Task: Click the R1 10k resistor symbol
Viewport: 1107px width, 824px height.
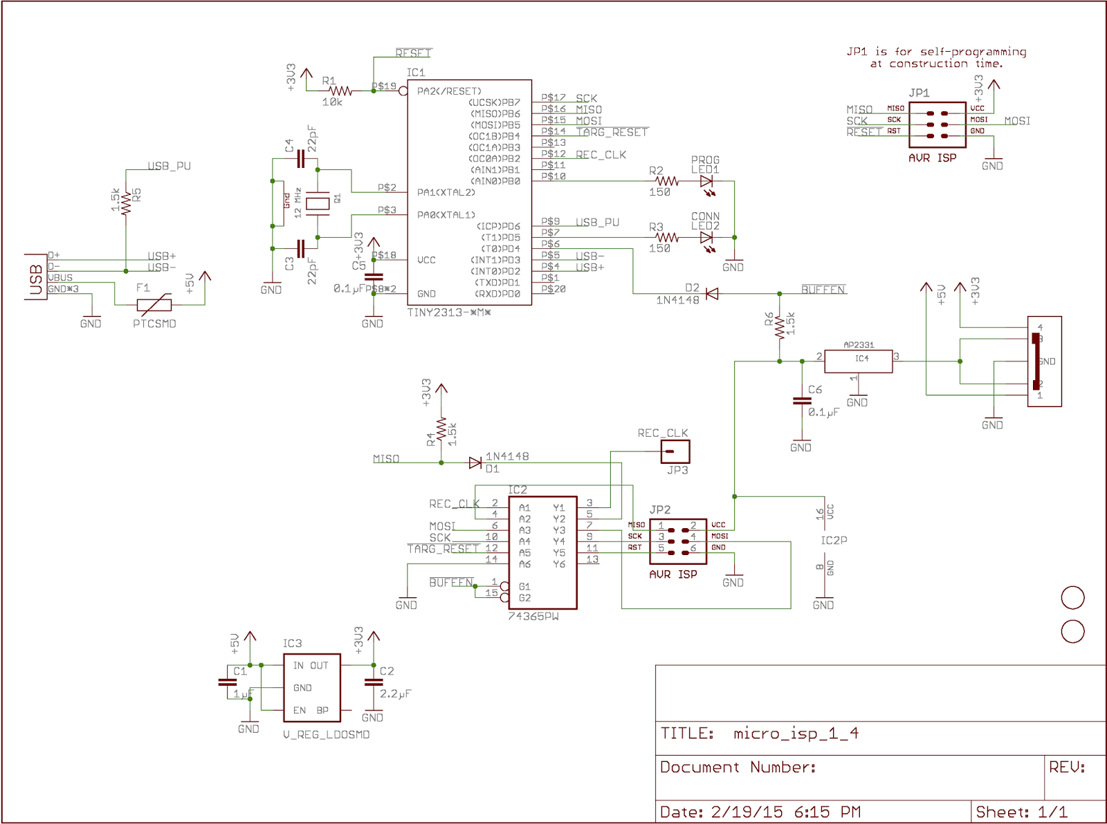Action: (340, 91)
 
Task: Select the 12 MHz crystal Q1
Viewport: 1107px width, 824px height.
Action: (318, 203)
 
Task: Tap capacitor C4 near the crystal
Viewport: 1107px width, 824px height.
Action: (301, 160)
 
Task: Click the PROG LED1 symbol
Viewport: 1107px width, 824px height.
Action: (706, 182)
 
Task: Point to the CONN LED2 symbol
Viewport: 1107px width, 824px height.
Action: (706, 238)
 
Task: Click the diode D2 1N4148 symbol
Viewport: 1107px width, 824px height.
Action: (711, 294)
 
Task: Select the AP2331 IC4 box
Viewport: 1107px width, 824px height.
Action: (859, 361)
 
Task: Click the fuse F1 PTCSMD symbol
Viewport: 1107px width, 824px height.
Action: (154, 305)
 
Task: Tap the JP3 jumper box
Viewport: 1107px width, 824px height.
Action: (675, 452)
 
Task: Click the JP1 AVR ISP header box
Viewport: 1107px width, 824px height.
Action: (937, 124)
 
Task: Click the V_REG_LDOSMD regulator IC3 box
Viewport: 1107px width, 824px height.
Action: (311, 687)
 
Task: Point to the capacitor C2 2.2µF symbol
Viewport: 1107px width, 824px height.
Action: (373, 682)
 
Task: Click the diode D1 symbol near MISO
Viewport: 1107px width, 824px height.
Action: (475, 462)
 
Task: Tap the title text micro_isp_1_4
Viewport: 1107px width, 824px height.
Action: (796, 733)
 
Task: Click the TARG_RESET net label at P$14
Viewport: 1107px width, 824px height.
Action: (612, 132)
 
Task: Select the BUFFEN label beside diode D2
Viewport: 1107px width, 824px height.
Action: (823, 290)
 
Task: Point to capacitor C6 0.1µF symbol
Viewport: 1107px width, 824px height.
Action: (801, 401)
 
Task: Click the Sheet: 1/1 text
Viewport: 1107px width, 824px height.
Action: (1021, 812)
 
